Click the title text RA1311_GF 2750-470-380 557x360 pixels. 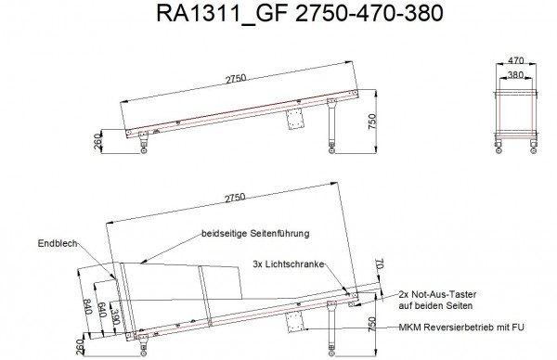point(300,14)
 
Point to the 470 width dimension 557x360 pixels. point(516,60)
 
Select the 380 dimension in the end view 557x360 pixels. point(515,74)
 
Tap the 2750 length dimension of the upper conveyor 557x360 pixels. point(236,79)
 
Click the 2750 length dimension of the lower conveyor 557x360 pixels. point(235,198)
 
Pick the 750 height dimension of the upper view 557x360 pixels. point(372,122)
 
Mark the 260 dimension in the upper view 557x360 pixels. point(98,142)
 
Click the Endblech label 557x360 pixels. point(58,243)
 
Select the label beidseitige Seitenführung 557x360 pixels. point(255,234)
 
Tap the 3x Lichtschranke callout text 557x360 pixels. point(289,264)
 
